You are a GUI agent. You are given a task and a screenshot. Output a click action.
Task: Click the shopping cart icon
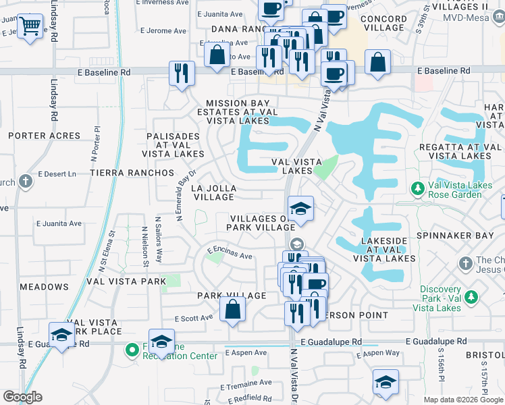30,27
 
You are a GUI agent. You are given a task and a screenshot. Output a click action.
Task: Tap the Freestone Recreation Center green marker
132,350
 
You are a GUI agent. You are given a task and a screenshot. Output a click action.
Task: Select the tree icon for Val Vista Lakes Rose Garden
418,187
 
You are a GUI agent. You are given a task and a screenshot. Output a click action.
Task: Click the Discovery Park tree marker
471,297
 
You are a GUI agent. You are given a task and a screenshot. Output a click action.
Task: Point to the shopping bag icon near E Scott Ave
232,310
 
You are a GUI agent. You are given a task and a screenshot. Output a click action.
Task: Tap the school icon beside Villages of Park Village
300,209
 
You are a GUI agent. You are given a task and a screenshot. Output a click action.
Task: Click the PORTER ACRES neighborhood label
44,136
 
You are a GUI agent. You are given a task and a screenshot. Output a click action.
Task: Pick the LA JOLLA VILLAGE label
213,192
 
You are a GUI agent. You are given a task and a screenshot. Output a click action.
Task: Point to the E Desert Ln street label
57,173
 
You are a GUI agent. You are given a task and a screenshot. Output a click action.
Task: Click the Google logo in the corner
22,397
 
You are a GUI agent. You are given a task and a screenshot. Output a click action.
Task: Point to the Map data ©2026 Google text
462,400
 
